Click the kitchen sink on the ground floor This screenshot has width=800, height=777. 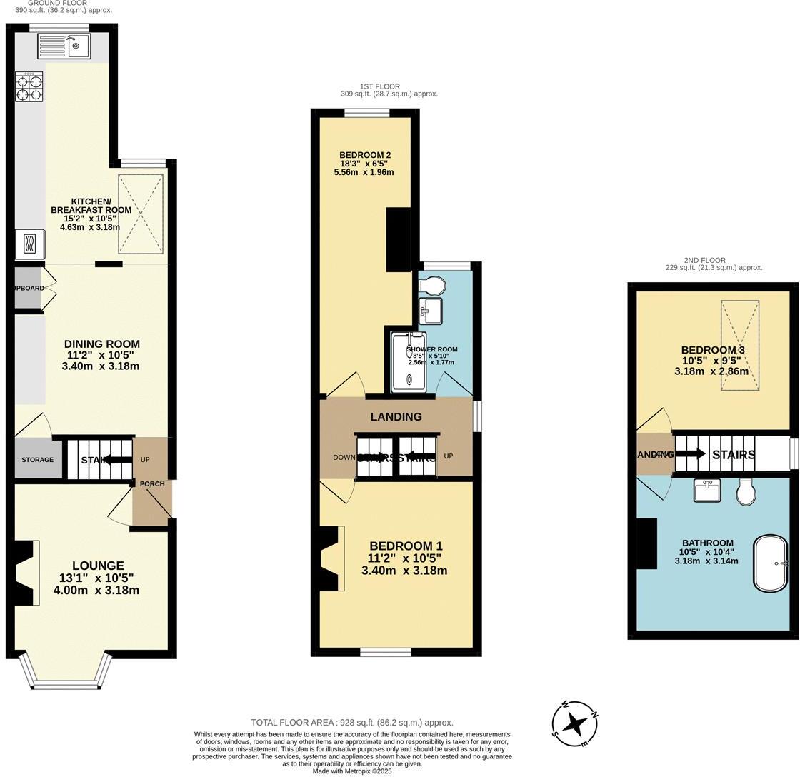coord(64,46)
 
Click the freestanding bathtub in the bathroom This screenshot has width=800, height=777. coord(770,563)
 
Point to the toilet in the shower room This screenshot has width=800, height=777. coord(433,285)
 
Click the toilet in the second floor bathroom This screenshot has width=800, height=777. coord(746,492)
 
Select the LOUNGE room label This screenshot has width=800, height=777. coord(98,566)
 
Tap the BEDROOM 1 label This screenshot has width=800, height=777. coord(405,546)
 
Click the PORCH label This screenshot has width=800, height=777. coord(152,484)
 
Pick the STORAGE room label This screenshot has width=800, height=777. coord(37,460)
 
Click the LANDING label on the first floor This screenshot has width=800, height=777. coord(396,417)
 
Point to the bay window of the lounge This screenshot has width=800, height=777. coord(66,672)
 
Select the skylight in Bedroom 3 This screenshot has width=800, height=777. coord(739,346)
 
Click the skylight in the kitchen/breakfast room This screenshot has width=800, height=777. coord(140,214)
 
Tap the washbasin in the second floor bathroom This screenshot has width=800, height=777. coord(706,491)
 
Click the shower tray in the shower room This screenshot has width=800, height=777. coord(409,361)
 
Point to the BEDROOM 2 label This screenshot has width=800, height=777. coord(364,155)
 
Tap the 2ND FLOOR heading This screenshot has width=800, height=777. coord(704,261)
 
